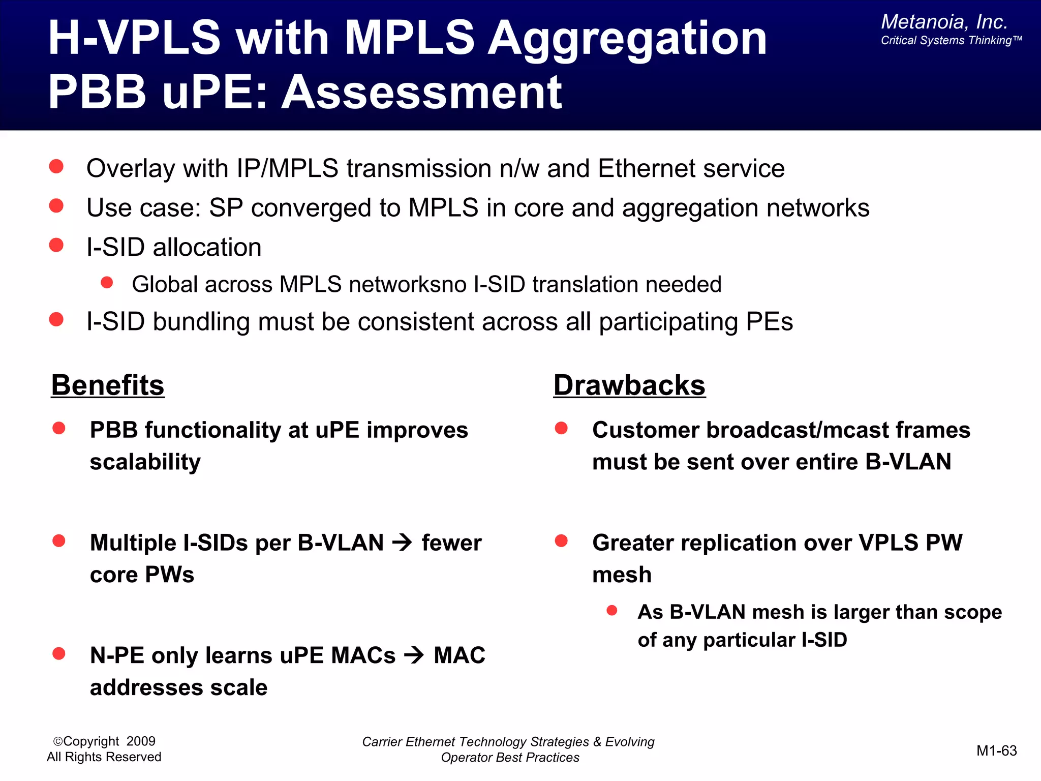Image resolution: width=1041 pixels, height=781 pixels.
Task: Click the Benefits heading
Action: [x=108, y=385]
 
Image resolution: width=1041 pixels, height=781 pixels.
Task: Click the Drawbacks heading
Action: [x=629, y=385]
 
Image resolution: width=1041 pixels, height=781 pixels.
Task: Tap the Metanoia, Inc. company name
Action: [x=944, y=22]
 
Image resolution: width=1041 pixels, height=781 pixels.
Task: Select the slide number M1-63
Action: [x=996, y=750]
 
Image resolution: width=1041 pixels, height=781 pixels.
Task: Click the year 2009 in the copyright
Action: [x=141, y=741]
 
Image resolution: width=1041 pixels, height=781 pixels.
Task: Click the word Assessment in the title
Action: [x=421, y=93]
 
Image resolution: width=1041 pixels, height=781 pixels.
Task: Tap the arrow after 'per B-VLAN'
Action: [x=403, y=543]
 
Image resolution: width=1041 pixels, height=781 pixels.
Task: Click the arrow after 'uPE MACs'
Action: [x=414, y=655]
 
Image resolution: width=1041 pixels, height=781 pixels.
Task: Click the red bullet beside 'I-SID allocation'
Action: [x=56, y=246]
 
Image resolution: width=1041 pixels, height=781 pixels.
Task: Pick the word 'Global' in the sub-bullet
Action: [x=164, y=284]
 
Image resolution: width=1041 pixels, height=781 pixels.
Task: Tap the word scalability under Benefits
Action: [x=145, y=462]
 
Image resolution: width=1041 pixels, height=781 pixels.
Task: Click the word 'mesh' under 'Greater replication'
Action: [x=622, y=575]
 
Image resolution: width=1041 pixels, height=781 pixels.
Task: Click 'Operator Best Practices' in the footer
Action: [x=510, y=758]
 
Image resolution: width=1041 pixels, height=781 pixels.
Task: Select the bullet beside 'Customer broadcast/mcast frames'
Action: [x=561, y=428]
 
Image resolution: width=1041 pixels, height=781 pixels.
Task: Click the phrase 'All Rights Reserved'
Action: [x=104, y=757]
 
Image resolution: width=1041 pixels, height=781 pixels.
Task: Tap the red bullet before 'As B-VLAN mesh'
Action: [x=612, y=610]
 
